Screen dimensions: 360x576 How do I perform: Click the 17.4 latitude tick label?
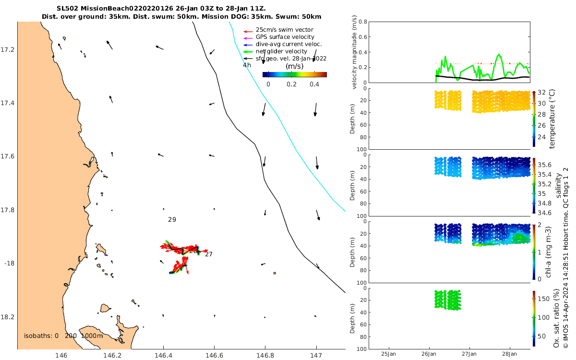point(8,103)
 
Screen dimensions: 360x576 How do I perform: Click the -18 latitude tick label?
point(10,264)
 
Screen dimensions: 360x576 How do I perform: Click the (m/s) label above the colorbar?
point(294,66)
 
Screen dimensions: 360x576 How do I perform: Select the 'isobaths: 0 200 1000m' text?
point(63,336)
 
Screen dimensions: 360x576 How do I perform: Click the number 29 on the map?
point(172,219)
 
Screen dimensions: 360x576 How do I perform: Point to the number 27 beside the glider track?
point(208,254)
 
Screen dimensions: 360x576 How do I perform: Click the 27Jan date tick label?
point(470,354)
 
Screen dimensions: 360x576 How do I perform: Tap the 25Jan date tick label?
point(388,354)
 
